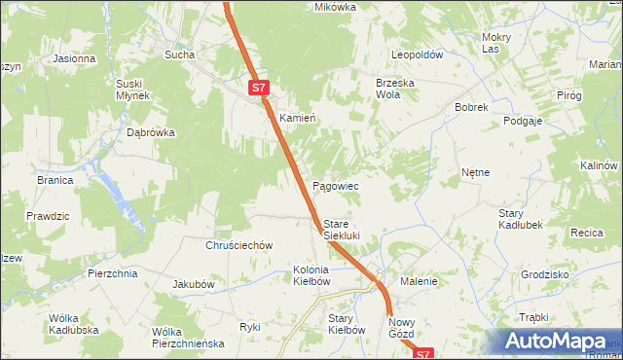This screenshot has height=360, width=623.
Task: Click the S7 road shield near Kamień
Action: [x=257, y=88]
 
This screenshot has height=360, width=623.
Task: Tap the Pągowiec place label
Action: [x=336, y=185]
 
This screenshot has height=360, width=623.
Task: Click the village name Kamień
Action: [x=298, y=118]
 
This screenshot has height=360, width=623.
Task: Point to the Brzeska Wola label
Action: [x=395, y=89]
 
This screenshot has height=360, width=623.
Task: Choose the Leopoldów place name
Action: [x=418, y=55]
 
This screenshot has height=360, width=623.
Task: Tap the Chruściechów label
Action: [x=238, y=246]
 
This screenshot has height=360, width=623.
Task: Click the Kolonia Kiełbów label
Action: [x=311, y=275]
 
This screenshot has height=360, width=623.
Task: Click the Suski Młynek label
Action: [x=132, y=90]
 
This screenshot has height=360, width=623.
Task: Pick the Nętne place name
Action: [x=475, y=172]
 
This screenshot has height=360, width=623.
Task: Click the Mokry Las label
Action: [x=496, y=43]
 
